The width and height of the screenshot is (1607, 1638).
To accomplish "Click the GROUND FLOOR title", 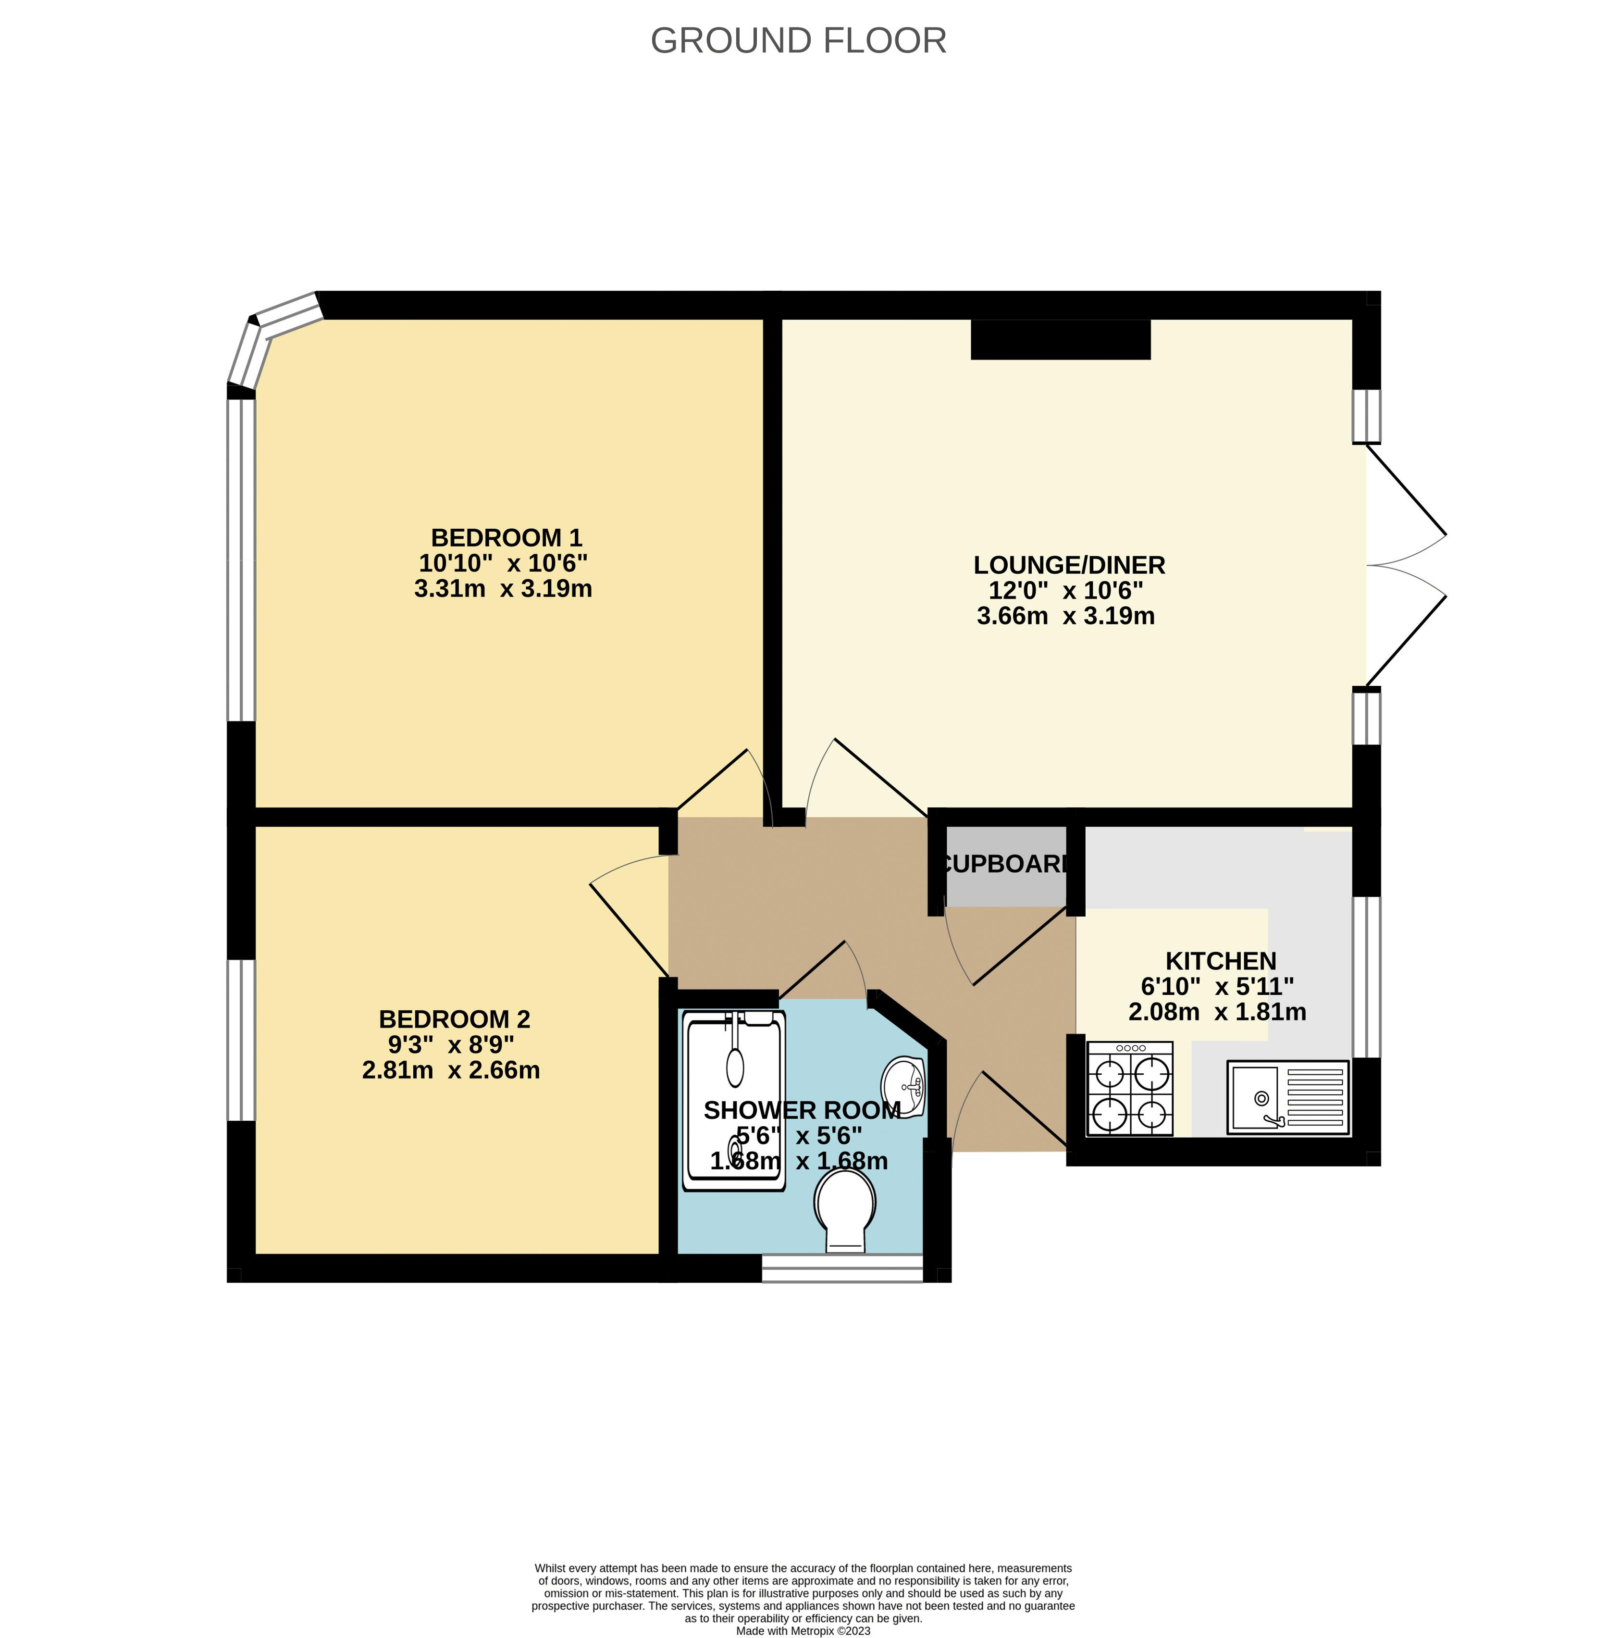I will pos(798,40).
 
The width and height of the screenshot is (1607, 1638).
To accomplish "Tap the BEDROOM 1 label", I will pos(507,537).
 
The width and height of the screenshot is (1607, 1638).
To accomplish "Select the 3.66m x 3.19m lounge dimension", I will pos(1065,616).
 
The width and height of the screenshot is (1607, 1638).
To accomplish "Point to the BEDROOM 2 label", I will pos(454,1019).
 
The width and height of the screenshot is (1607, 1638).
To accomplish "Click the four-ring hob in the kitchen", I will pos(1129,1088).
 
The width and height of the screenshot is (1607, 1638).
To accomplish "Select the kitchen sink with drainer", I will pos(1287,1097).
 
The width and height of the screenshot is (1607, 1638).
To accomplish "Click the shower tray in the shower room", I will pos(734,1102).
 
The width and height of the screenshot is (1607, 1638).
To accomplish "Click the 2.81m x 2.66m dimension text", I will pos(451,1070).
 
